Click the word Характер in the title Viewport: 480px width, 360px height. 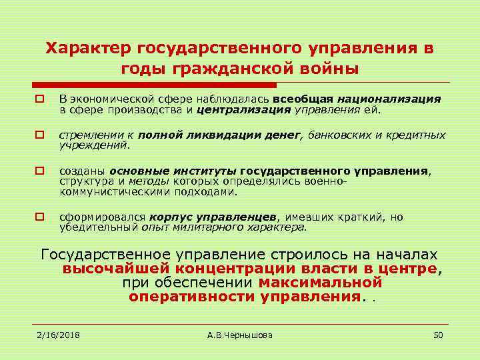88,48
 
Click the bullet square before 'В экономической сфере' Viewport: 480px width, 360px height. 40,99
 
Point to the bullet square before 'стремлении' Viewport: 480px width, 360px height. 40,135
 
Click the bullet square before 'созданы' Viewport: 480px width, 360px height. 40,171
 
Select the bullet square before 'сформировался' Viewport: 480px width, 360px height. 40,217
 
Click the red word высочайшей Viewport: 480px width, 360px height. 115,269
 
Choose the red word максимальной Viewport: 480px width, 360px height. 320,282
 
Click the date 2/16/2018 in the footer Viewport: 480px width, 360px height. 58,335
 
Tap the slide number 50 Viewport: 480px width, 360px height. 438,335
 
